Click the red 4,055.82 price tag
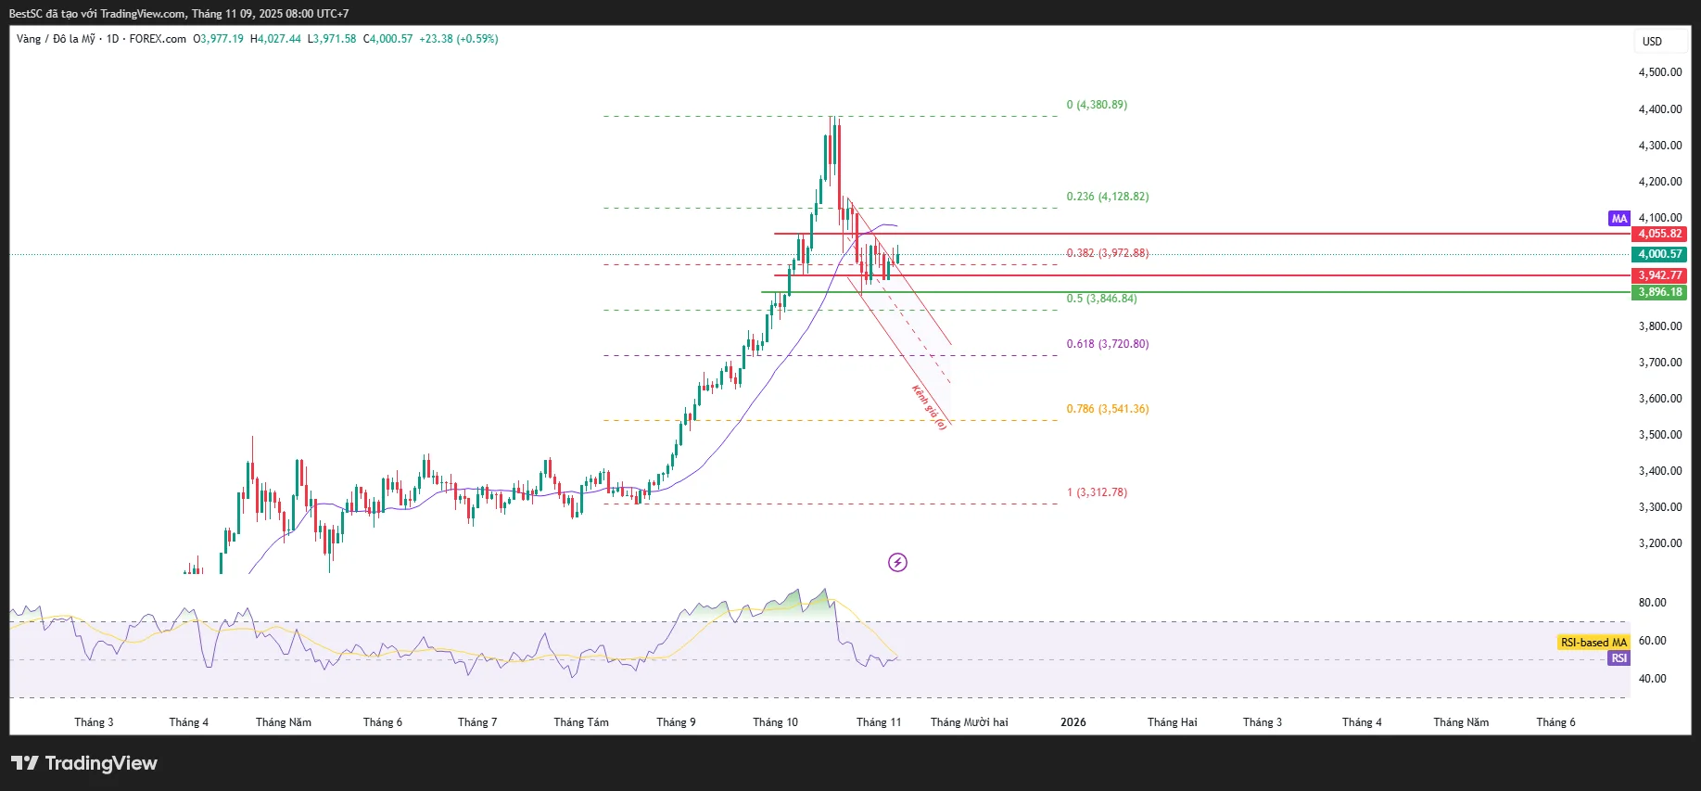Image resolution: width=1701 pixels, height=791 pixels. coord(1659,234)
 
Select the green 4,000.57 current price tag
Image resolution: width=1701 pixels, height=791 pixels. coord(1659,254)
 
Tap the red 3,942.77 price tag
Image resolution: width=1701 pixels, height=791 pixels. coord(1659,275)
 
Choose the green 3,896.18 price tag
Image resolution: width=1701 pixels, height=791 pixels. coord(1659,292)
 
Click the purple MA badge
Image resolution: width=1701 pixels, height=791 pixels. coord(1618,219)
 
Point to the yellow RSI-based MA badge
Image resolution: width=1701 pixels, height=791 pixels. coord(1593,643)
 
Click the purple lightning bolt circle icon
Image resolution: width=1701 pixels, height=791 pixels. coord(897,562)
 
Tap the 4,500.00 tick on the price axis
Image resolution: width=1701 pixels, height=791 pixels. coord(1659,72)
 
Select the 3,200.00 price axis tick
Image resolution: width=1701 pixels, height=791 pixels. coord(1659,543)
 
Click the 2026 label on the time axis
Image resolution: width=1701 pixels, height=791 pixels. coord(1073,722)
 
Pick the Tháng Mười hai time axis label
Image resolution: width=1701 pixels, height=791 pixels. coord(969,722)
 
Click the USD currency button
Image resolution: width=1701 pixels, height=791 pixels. coord(1652,42)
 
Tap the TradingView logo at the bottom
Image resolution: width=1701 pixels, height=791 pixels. coord(84,763)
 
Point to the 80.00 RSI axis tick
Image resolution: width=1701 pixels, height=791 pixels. coord(1652,603)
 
